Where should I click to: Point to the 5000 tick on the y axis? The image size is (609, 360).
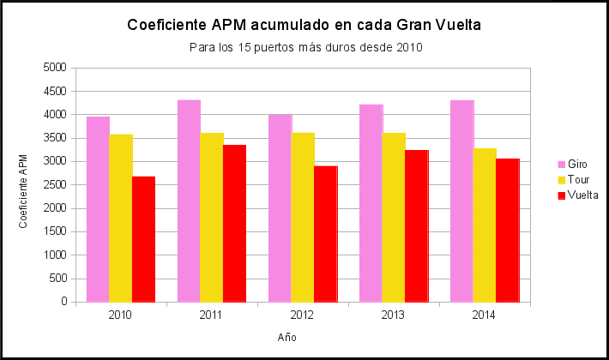point(54,68)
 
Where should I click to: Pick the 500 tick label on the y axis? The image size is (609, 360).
point(57,279)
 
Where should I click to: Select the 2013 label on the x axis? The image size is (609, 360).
point(393,315)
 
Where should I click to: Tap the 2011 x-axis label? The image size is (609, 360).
point(211,315)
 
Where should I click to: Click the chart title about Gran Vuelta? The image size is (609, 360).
point(304,26)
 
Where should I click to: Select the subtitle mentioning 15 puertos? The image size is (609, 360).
point(304,47)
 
